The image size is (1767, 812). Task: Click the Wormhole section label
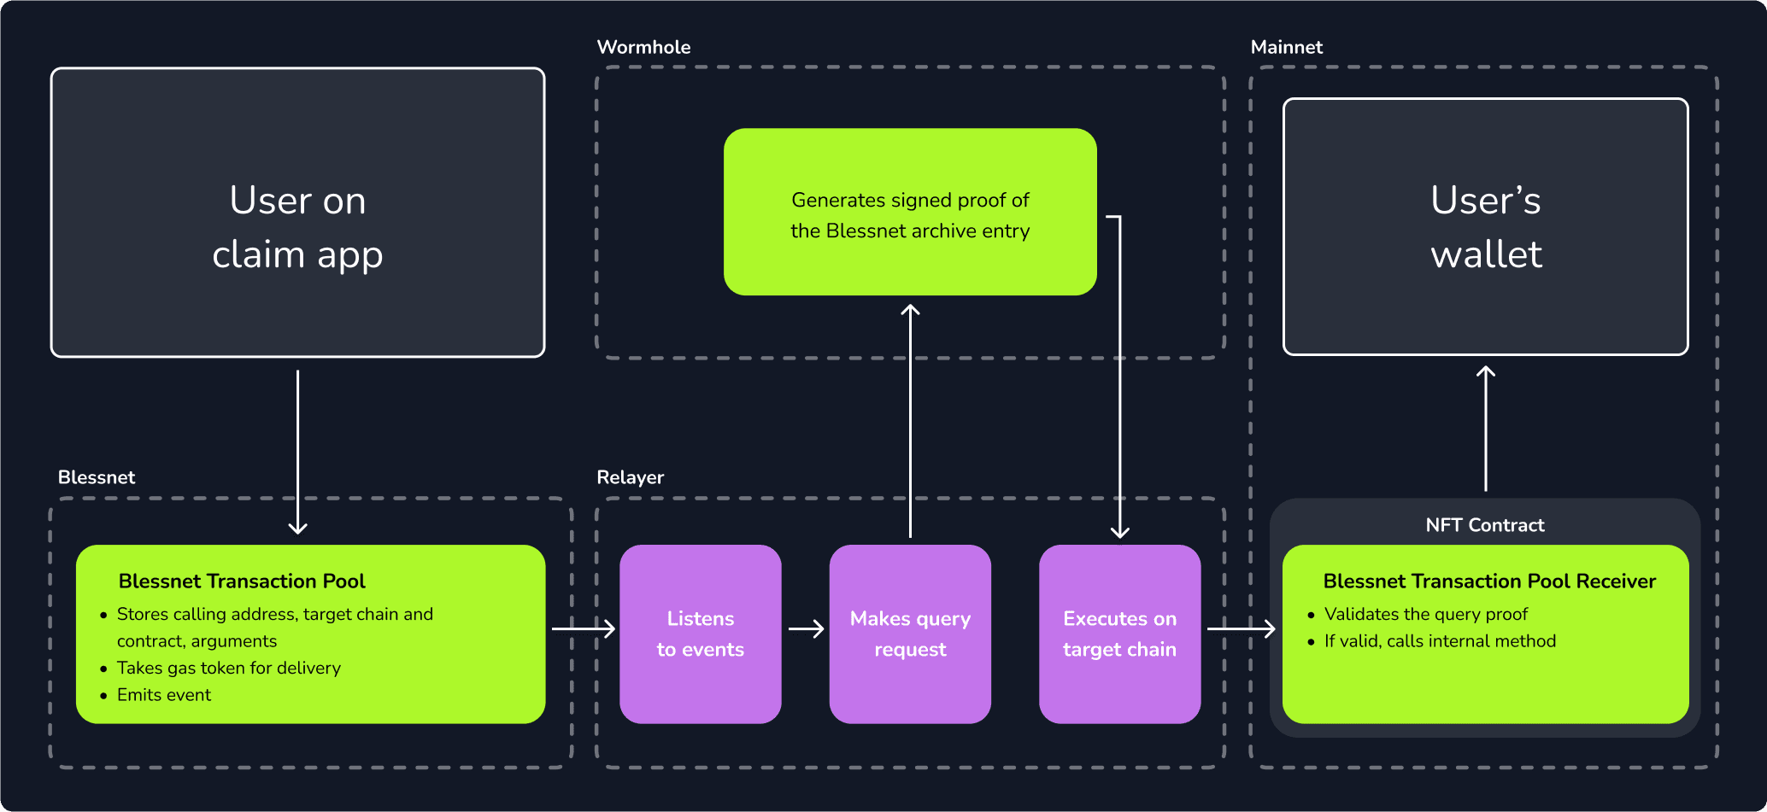point(643,47)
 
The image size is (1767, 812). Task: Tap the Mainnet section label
point(1286,47)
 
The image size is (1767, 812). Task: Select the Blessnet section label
point(97,477)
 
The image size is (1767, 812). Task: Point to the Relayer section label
point(630,477)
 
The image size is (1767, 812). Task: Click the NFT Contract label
point(1484,525)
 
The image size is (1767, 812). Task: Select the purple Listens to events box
point(700,634)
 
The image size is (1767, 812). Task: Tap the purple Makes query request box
point(910,634)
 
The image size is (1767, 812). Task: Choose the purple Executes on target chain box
point(1119,634)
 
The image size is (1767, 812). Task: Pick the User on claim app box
point(297,213)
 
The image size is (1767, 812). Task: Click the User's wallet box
point(1485,227)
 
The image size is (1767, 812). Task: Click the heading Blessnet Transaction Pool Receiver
point(1489,581)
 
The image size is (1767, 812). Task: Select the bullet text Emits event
point(164,695)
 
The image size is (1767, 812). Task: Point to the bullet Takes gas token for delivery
point(228,668)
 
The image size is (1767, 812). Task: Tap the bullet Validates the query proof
point(1425,614)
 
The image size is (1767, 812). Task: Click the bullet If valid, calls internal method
point(1440,641)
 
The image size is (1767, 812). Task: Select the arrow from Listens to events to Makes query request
point(806,629)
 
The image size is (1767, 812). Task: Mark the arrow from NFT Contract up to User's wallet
point(1486,427)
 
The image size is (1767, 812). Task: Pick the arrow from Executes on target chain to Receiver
point(1241,629)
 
